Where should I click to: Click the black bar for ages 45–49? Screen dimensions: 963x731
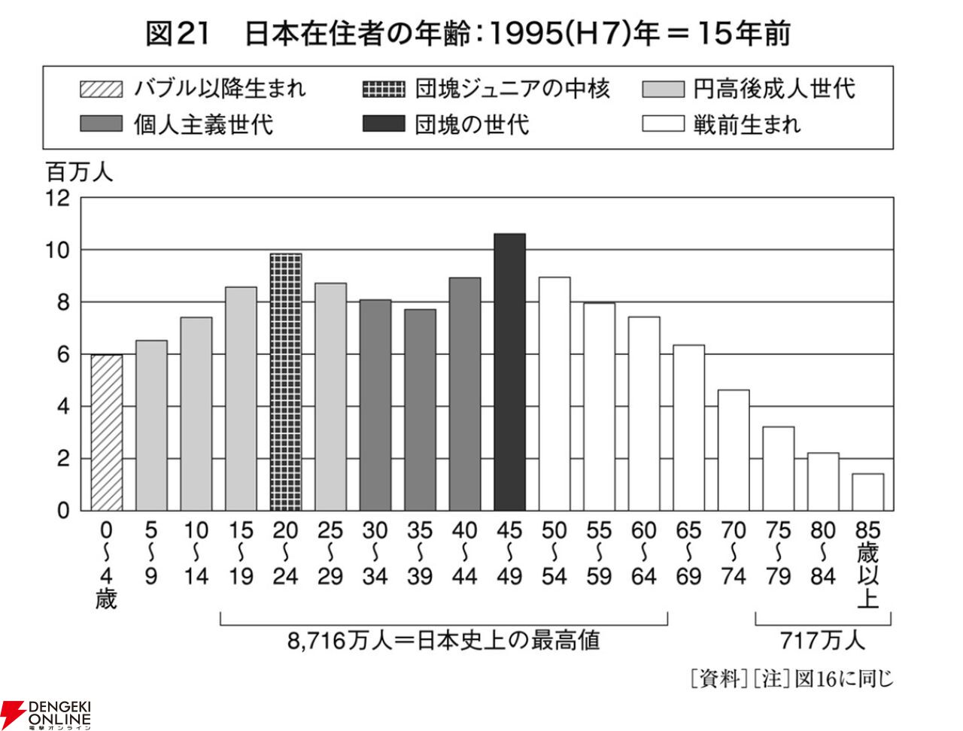point(509,372)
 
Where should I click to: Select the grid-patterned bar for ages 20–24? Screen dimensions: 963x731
point(286,382)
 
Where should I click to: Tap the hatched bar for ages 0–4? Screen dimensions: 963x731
point(107,432)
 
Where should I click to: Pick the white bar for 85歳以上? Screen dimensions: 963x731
point(867,492)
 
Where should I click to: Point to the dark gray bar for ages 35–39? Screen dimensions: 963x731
point(420,410)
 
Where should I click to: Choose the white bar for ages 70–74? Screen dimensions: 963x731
point(734,450)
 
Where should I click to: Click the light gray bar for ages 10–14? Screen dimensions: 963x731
point(196,414)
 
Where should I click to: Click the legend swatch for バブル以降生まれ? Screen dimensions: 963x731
point(102,89)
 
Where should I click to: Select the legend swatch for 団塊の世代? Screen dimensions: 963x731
point(384,123)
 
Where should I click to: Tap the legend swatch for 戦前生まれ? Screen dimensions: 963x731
point(663,123)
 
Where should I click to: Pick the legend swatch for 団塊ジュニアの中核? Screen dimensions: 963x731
point(384,89)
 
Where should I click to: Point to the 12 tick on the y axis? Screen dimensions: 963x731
point(58,199)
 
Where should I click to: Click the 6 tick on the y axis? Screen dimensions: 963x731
point(64,355)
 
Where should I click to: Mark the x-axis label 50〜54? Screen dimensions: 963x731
point(554,554)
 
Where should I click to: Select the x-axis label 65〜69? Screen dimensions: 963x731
point(688,554)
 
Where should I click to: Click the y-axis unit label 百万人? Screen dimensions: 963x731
point(80,172)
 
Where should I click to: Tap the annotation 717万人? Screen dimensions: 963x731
point(822,641)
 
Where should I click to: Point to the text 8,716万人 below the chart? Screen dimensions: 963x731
point(339,641)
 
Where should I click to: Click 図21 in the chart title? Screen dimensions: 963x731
point(178,34)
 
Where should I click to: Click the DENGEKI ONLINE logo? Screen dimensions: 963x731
point(46,714)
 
